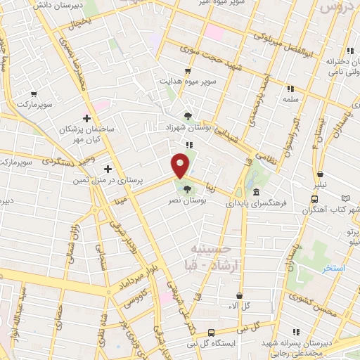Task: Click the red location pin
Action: [181, 164]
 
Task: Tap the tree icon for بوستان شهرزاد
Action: [187, 116]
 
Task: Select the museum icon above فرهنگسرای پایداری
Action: [255, 192]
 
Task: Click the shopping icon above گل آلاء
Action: [241, 295]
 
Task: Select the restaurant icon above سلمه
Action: [290, 89]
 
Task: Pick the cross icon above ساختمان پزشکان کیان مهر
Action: [87, 118]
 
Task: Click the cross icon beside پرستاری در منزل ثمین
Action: [108, 169]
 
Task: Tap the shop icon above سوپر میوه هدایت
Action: [187, 71]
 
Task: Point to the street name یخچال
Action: [82, 26]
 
